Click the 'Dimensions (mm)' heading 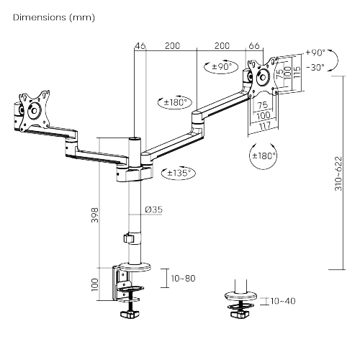(54, 17)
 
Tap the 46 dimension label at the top (140, 45)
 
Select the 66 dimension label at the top (254, 45)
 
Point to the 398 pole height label (95, 215)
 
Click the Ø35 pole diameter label (153, 210)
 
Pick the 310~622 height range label (338, 174)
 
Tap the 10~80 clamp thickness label (183, 279)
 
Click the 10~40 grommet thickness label (283, 301)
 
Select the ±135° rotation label (179, 173)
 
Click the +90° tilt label (315, 53)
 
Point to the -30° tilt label (315, 68)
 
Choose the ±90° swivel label (222, 66)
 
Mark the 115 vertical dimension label (297, 72)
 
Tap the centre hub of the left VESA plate (33, 111)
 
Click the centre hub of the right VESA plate (262, 77)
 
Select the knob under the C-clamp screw (130, 315)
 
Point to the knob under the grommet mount (240, 315)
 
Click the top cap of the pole (135, 139)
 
